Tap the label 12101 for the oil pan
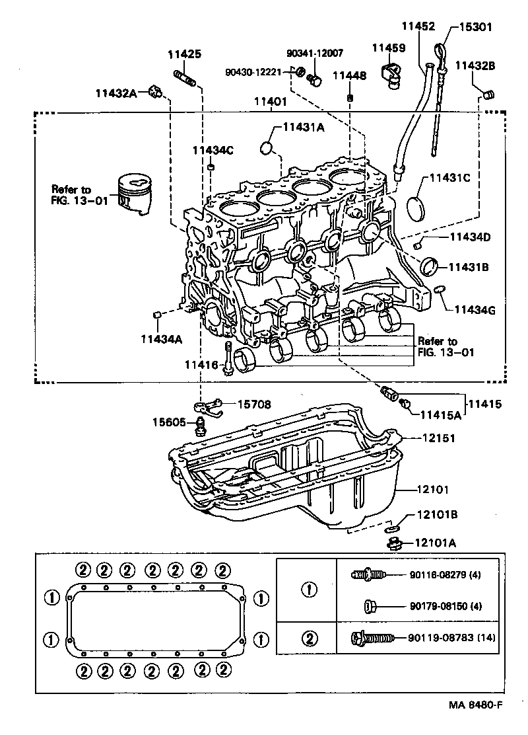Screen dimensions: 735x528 point(433,490)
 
